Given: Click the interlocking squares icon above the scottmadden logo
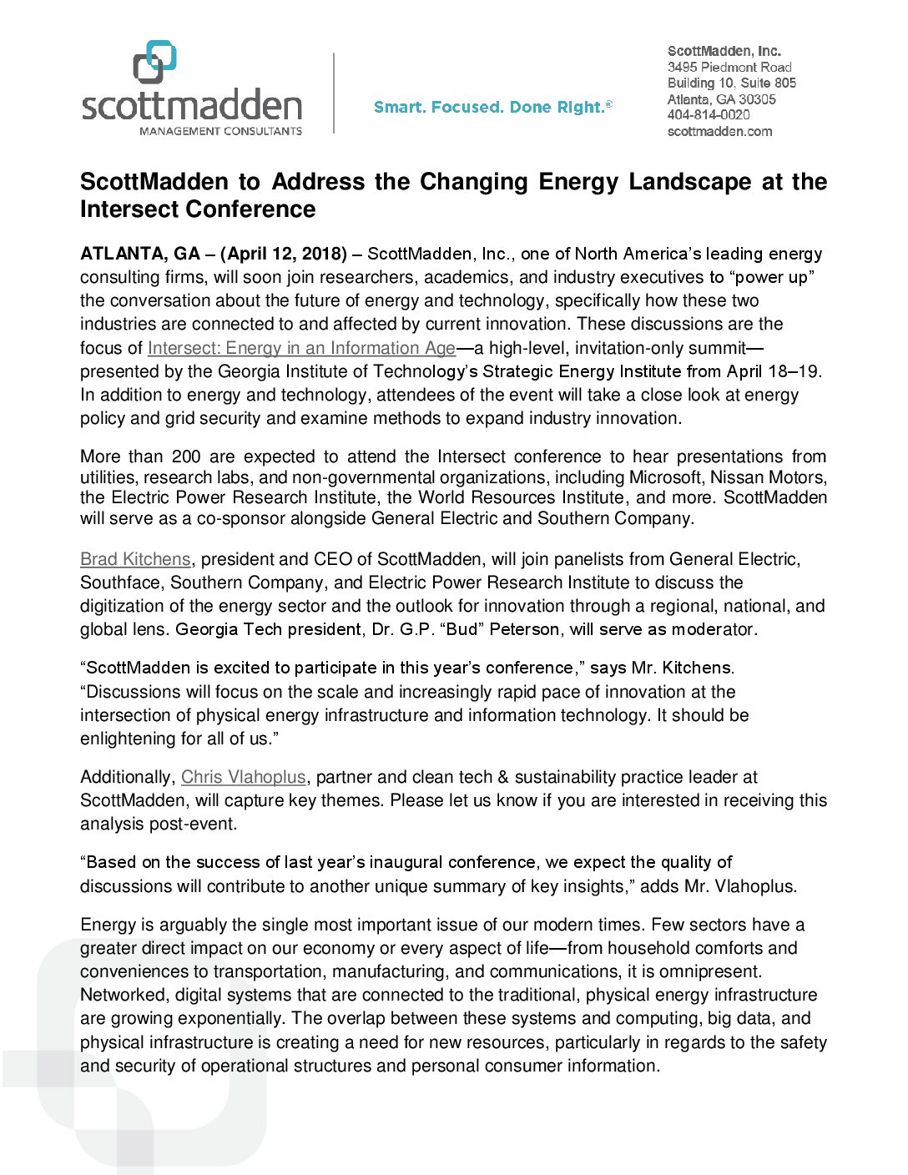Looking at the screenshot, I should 155,62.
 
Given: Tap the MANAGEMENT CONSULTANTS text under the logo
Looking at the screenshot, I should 220,131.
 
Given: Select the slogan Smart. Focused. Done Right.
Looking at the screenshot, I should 492,107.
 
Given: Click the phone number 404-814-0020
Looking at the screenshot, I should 709,115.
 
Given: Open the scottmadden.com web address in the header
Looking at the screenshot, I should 719,131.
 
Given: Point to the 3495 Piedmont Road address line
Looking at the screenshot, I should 729,67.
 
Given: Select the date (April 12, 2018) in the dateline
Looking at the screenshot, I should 284,254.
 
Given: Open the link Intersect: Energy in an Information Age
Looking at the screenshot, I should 301,348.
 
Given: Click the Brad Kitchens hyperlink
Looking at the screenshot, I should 135,559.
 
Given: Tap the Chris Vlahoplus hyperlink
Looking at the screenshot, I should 243,777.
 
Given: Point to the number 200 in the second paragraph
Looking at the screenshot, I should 186,456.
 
